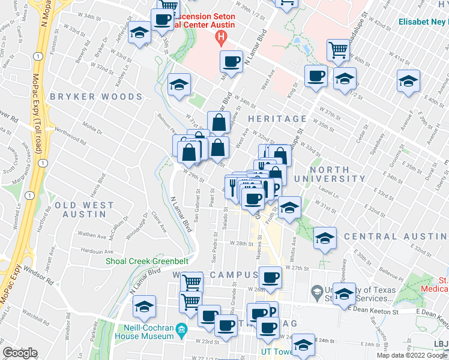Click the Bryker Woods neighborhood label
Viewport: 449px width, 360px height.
tap(96, 97)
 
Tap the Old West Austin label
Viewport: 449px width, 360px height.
tap(84, 209)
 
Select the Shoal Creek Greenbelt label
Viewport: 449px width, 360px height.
tap(147, 261)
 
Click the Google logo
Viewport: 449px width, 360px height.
tap(20, 353)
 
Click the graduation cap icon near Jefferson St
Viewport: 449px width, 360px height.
tap(140, 34)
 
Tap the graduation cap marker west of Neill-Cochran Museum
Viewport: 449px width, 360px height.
tap(144, 306)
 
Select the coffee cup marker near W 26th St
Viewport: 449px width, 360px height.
tap(270, 278)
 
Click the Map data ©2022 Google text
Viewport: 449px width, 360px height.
tap(412, 355)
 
